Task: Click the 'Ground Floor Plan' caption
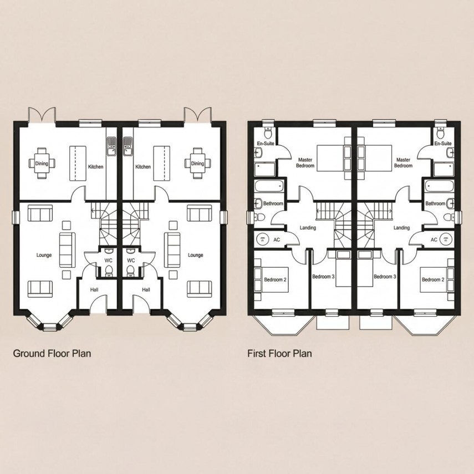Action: click(52, 353)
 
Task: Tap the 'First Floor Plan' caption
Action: click(280, 353)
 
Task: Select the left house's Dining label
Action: click(42, 164)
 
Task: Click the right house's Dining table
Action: click(197, 164)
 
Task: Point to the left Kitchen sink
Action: click(111, 146)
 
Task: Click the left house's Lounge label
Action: click(44, 256)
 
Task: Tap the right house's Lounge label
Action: click(195, 256)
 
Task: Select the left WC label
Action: click(109, 260)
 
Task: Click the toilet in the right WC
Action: click(130, 271)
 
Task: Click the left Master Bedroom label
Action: click(304, 162)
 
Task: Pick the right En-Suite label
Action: click(443, 144)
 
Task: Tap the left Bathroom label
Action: click(273, 204)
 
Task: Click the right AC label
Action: click(434, 239)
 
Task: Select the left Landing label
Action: click(307, 228)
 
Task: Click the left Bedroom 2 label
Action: click(274, 279)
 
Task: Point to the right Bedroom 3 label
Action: click(384, 276)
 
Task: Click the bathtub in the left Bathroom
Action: click(269, 187)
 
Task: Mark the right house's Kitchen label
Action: click(143, 166)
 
